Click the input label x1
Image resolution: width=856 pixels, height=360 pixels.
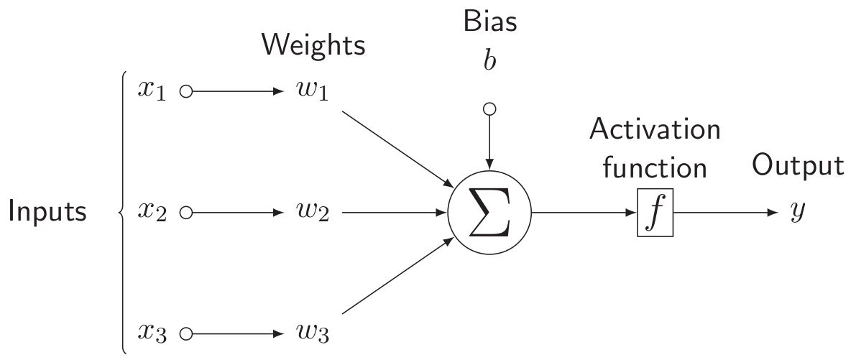point(153,93)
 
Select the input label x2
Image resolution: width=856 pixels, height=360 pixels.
point(153,213)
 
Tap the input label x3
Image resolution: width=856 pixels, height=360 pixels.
point(153,334)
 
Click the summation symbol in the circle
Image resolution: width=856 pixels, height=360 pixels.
point(489,213)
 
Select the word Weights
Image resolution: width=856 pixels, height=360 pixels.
point(313,46)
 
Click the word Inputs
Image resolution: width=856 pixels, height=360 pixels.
point(48,213)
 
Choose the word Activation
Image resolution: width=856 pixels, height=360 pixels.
point(655,131)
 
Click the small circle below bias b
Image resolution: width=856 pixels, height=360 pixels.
point(489,110)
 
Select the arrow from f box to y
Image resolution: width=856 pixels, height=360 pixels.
point(726,213)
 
